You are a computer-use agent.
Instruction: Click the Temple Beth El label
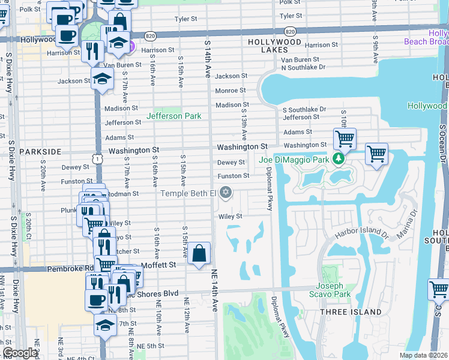coord(187,193)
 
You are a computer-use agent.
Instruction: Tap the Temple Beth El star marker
coord(226,193)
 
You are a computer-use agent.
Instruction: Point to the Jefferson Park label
coord(174,115)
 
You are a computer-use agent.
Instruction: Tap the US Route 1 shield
coord(97,157)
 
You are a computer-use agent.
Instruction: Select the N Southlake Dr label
coord(303,67)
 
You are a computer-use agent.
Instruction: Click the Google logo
coord(20,353)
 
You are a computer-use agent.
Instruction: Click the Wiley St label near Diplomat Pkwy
coord(230,216)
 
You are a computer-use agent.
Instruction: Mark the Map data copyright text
coord(423,355)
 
